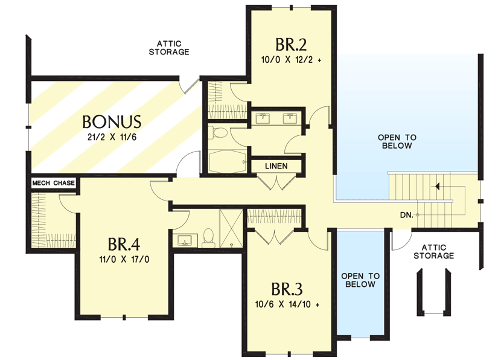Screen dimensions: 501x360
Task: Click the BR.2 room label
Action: click(291, 45)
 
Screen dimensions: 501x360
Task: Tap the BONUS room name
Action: click(112, 121)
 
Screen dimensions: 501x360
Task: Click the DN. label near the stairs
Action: click(406, 215)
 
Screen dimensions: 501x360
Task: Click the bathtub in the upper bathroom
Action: click(226, 160)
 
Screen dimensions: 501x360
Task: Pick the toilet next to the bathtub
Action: click(219, 133)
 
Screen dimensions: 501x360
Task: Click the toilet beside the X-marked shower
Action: click(208, 236)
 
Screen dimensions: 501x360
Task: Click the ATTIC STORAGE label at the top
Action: click(169, 48)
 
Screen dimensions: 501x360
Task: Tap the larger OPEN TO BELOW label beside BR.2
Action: click(397, 142)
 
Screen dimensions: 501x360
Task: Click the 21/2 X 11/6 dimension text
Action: click(112, 137)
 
